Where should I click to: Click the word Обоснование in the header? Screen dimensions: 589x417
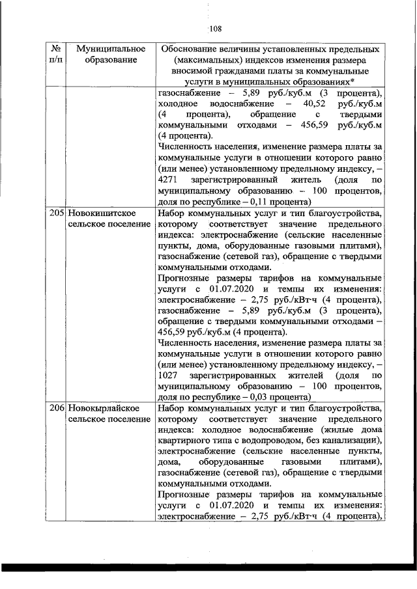[192, 49]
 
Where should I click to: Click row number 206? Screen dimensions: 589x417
[57, 408]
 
